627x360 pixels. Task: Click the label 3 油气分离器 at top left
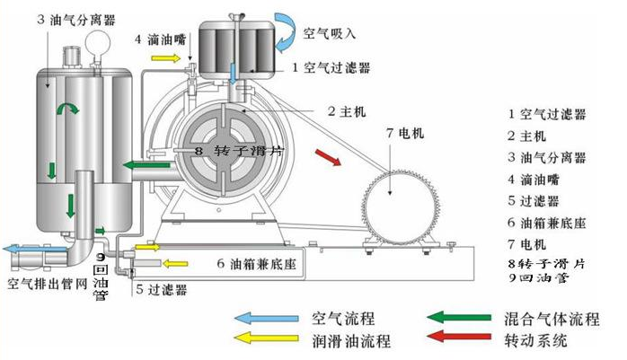coord(76,20)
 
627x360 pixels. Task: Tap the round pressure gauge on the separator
coord(98,41)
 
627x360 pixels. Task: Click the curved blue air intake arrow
coord(286,31)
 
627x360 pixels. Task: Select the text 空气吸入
coord(329,33)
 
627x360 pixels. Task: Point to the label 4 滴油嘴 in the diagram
coord(161,40)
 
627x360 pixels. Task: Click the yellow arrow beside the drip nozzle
coord(166,58)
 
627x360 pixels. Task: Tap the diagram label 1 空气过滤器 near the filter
coord(331,67)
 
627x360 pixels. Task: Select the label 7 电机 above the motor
coord(405,133)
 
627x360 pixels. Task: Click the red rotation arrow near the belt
coord(328,156)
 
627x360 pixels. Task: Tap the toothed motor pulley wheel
coord(401,207)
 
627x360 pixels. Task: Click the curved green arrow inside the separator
coord(67,108)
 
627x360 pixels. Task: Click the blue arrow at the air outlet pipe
coord(34,250)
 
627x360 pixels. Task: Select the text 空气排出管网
coord(48,284)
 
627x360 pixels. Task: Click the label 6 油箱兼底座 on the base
coord(256,264)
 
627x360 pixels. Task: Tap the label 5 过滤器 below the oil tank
coord(161,289)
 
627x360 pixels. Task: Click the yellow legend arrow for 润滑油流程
coord(266,338)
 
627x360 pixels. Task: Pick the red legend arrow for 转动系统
coord(459,336)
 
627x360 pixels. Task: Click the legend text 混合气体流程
coord(552,319)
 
